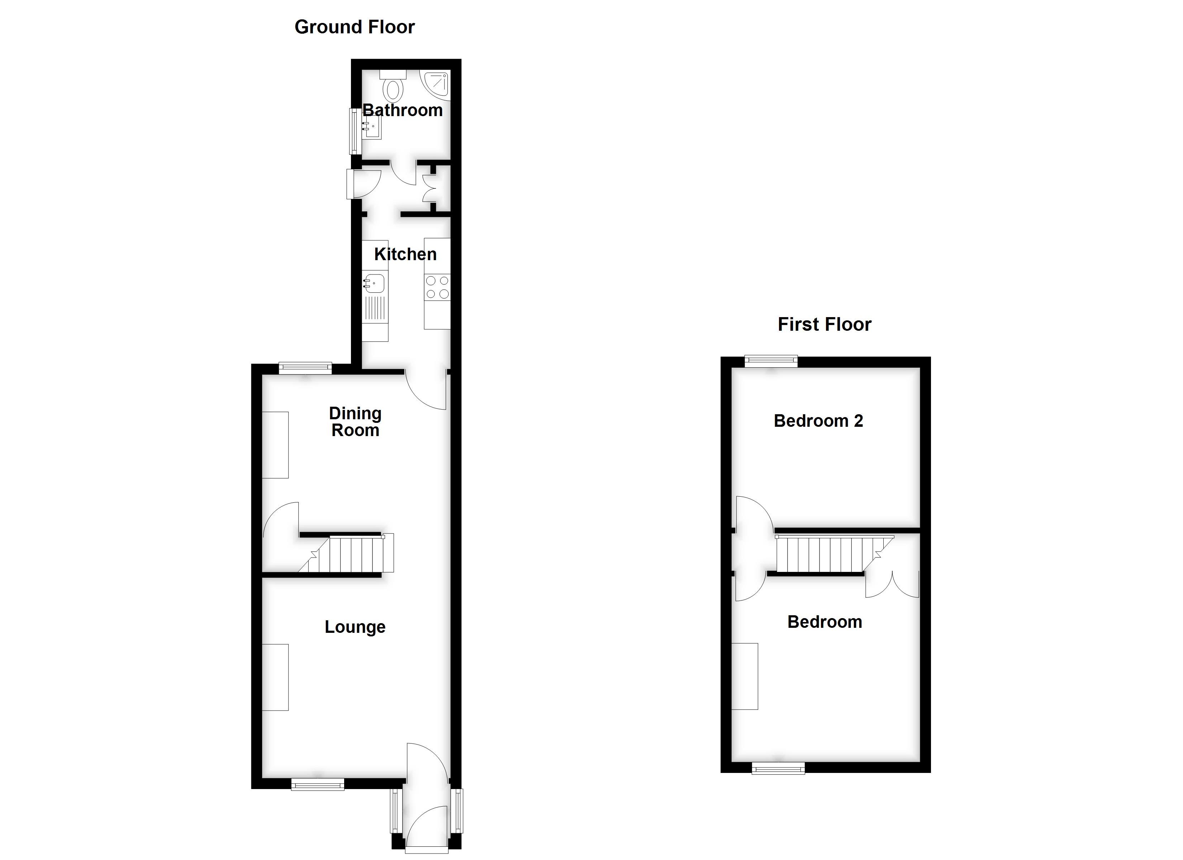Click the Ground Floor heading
point(354,27)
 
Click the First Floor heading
point(824,324)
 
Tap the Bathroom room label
point(402,111)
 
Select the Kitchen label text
point(405,254)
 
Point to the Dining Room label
point(355,421)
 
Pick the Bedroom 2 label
point(818,421)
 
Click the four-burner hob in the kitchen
point(437,287)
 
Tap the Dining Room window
point(305,368)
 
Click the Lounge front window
point(317,784)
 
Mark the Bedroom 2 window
point(771,361)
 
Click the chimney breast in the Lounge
point(275,677)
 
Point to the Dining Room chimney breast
point(275,444)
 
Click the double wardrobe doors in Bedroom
point(892,585)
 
